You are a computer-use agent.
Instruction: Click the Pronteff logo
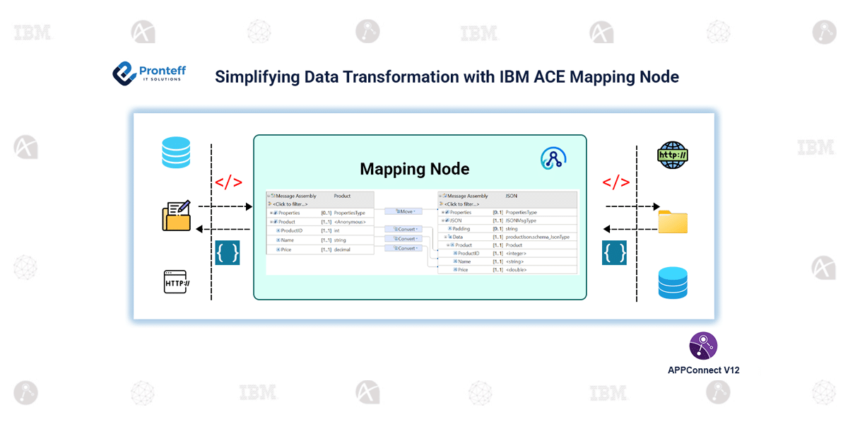coord(125,73)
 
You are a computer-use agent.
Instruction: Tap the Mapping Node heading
coord(414,169)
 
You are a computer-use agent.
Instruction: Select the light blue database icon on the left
coord(175,152)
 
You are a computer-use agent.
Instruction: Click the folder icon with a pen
coord(177,216)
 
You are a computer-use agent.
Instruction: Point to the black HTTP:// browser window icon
coord(177,283)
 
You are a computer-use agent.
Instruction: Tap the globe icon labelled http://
coord(672,155)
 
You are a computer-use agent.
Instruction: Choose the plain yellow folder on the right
coord(672,221)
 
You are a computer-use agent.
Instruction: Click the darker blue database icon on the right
coord(672,283)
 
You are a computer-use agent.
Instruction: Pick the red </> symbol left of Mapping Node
coord(228,183)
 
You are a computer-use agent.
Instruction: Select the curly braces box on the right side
coord(614,253)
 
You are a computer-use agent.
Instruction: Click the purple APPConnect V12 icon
coord(703,346)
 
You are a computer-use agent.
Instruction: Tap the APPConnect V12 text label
coord(703,370)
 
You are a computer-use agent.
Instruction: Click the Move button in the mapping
coord(403,211)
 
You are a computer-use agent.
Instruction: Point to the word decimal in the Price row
coord(344,249)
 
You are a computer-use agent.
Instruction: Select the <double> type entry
coord(516,269)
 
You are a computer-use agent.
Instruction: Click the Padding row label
coord(462,228)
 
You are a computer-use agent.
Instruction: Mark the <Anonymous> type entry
coord(350,222)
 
